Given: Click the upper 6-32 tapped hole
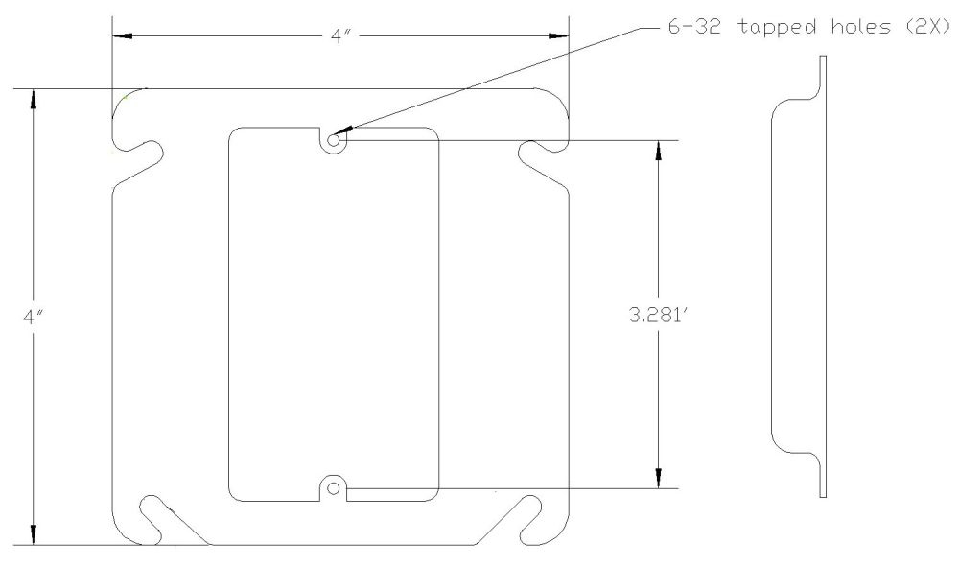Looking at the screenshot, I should (x=334, y=140).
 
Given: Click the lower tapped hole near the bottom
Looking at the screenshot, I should (x=334, y=488).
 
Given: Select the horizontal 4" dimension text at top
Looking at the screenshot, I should (x=340, y=36).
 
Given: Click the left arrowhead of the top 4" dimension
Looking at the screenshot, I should (x=121, y=36).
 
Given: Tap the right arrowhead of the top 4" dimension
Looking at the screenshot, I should (x=559, y=36).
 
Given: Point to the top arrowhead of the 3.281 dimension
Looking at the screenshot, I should (x=658, y=150).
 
